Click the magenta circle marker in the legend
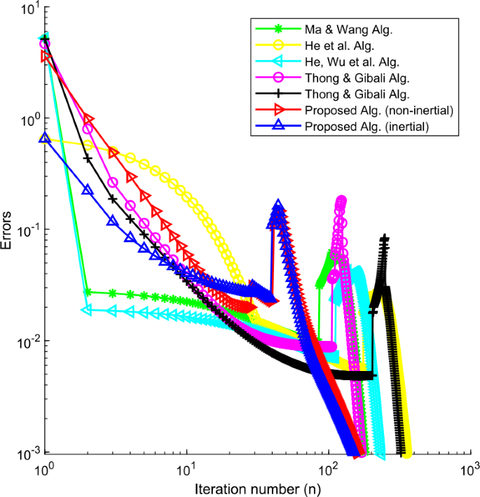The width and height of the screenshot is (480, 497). (x=277, y=78)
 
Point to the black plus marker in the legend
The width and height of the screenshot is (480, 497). (x=277, y=94)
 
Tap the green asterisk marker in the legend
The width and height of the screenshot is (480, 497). (x=277, y=30)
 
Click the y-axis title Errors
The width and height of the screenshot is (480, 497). (x=8, y=230)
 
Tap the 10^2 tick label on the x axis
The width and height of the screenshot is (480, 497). (x=327, y=466)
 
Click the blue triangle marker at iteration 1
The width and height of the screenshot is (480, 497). (x=45, y=138)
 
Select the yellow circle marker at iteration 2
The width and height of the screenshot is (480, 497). (x=88, y=145)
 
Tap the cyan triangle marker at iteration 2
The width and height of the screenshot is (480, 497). (x=87, y=309)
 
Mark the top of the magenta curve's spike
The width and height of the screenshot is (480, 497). (x=341, y=202)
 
